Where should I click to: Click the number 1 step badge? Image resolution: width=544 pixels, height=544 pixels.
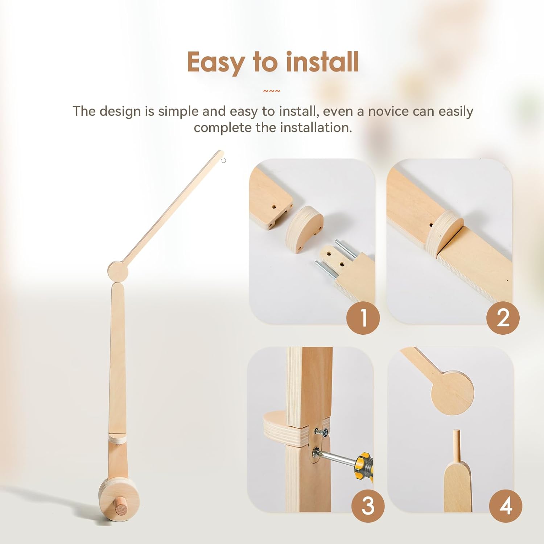pyautogui.click(x=363, y=318)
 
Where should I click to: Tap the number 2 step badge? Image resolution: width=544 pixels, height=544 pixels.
pyautogui.click(x=503, y=318)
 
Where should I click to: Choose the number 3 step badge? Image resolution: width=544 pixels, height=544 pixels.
pyautogui.click(x=368, y=506)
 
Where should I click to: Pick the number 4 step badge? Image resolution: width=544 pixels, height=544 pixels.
pyautogui.click(x=506, y=506)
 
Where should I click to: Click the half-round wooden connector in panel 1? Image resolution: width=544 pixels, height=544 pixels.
pyautogui.click(x=304, y=229)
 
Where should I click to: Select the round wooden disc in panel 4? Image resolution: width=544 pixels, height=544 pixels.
pyautogui.click(x=452, y=392)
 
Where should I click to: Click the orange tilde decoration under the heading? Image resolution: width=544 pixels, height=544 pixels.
pyautogui.click(x=272, y=91)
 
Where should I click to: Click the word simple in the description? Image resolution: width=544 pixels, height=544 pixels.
pyautogui.click(x=179, y=111)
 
